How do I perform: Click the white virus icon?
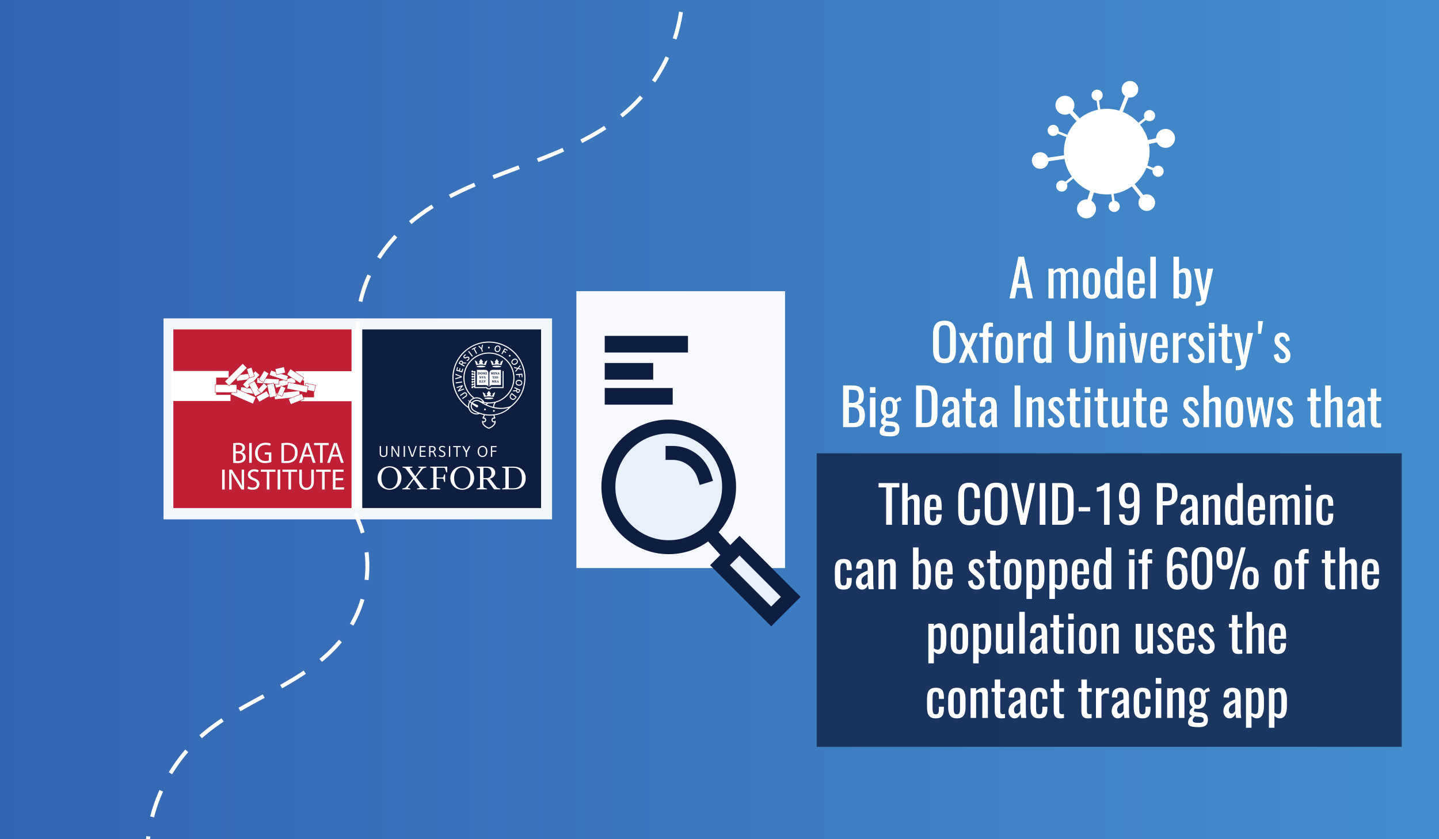coord(1106,151)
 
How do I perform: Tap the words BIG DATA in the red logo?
coord(287,453)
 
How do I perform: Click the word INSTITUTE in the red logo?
coord(283,480)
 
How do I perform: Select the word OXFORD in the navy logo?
coord(451,478)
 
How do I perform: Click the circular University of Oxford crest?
coord(489,384)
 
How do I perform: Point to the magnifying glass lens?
coord(668,486)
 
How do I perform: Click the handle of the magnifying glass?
coord(755,581)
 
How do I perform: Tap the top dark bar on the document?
coord(646,344)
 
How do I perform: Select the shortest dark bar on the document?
coord(629,371)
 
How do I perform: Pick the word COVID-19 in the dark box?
coord(1048,505)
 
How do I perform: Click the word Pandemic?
coord(1244,505)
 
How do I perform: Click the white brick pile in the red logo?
coord(265,384)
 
